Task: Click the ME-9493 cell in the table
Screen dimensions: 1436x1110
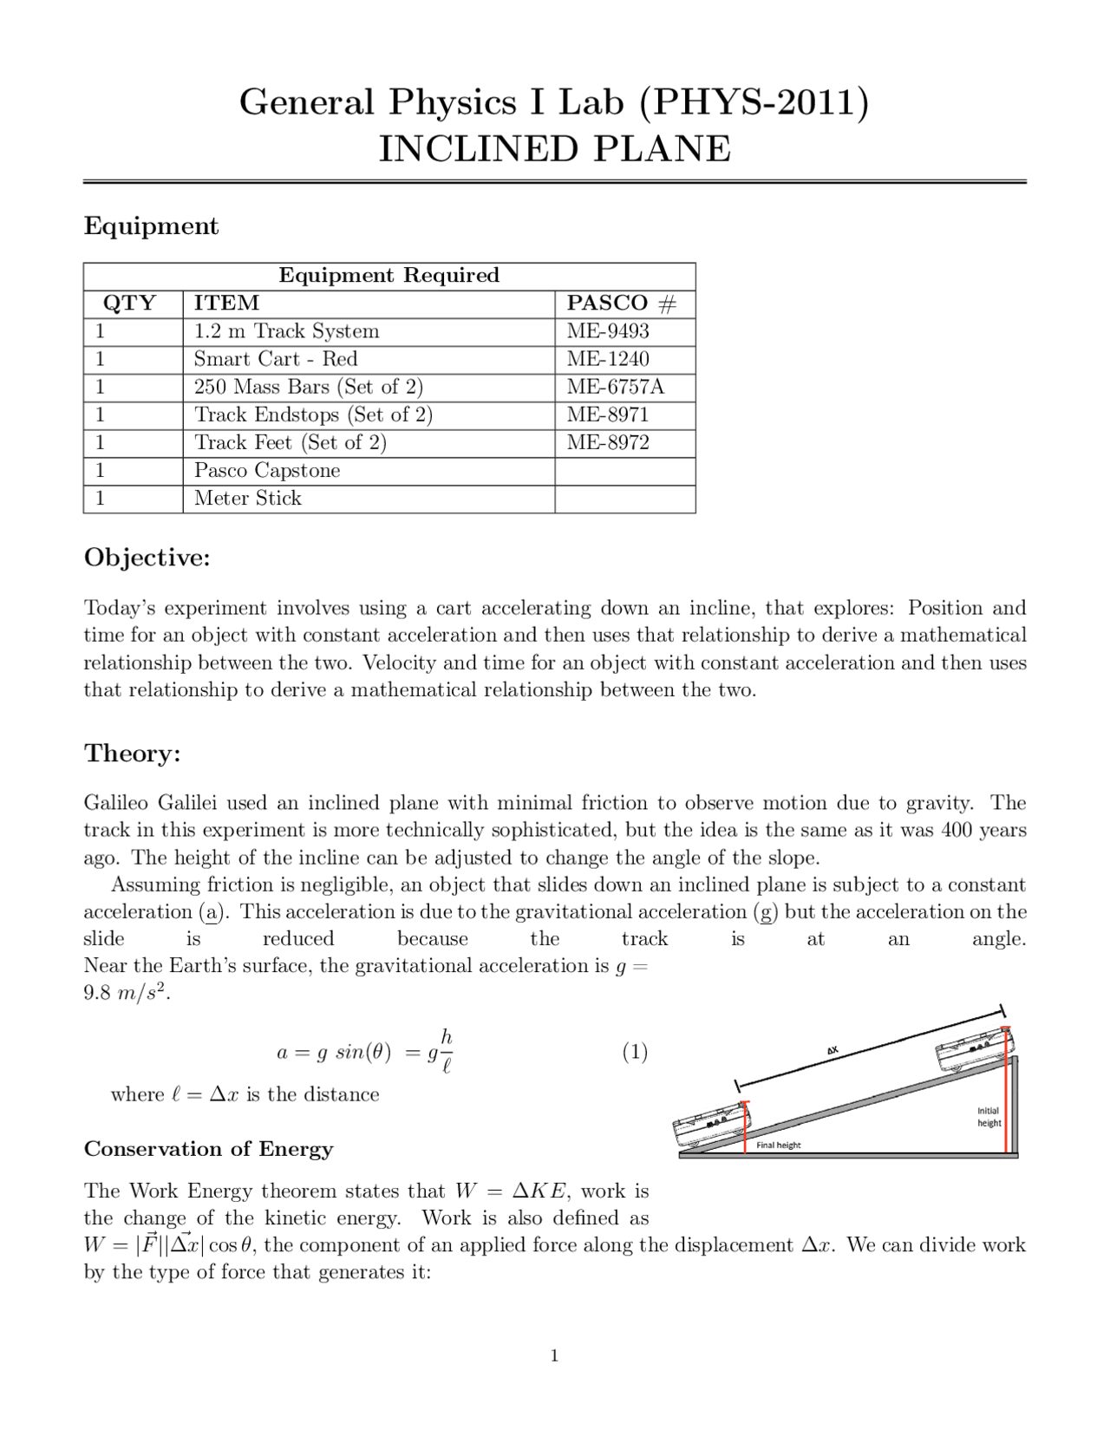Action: point(608,331)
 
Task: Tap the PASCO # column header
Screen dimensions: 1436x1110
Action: point(621,304)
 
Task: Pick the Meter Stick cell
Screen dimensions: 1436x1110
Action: point(248,499)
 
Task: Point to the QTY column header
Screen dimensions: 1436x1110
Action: point(130,304)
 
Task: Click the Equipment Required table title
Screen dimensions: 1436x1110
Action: point(388,276)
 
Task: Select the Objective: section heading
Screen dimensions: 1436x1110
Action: point(147,558)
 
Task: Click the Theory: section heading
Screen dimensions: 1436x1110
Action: point(132,753)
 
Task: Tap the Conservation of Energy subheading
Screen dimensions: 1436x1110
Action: point(208,1149)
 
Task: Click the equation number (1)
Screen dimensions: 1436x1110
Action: point(635,1052)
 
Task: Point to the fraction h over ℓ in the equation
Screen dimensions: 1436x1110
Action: point(446,1051)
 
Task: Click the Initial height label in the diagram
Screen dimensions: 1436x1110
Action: point(989,1117)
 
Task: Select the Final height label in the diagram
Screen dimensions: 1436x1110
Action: point(778,1146)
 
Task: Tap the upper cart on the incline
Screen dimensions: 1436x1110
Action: point(971,1051)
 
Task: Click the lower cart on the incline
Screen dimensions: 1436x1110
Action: point(709,1126)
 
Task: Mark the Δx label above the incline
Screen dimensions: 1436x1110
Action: point(832,1050)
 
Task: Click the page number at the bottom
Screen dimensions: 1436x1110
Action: point(554,1356)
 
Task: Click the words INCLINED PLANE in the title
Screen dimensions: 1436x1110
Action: point(555,149)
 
